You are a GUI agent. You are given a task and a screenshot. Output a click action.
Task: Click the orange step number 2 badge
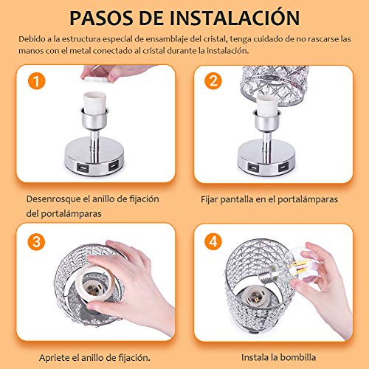[x=215, y=82]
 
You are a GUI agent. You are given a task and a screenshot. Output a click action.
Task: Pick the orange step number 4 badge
[x=215, y=242]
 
